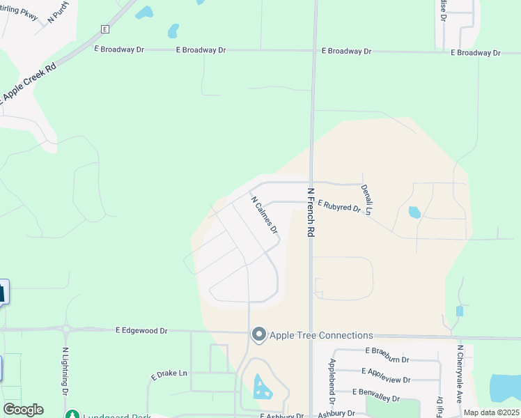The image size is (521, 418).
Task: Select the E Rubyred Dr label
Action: click(339, 206)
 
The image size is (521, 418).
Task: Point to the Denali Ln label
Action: click(366, 199)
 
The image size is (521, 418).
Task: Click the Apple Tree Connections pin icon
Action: click(259, 336)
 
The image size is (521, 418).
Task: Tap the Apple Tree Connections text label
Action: click(321, 336)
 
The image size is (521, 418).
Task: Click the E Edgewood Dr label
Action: click(141, 331)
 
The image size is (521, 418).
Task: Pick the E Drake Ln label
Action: click(169, 375)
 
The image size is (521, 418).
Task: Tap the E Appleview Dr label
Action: click(387, 372)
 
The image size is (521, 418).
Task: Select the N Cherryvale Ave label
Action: click(460, 375)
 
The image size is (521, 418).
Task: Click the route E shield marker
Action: click(105, 29)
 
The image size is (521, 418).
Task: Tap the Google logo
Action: click(23, 410)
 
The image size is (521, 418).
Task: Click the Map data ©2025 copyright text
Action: click(492, 412)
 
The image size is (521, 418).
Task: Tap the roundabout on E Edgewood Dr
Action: click(65, 330)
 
